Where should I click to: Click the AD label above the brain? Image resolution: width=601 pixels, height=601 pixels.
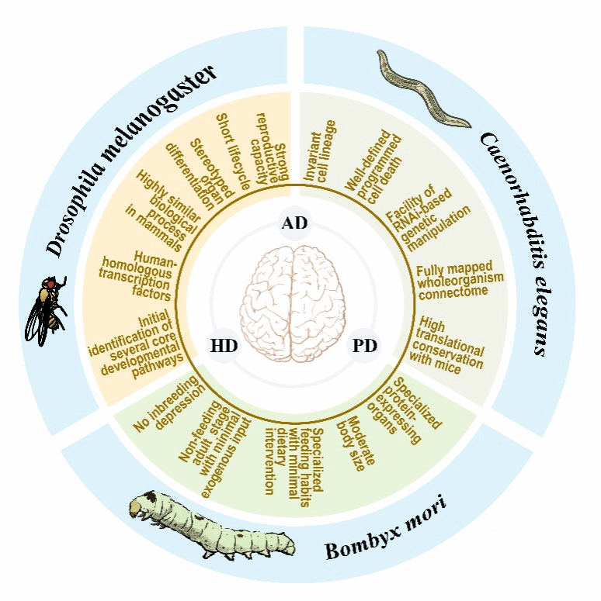point(294,223)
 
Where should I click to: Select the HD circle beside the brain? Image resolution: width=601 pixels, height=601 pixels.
point(224,346)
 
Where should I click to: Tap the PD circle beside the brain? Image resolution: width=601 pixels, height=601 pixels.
point(365,346)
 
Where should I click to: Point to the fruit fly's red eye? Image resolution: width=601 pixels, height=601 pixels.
point(50,284)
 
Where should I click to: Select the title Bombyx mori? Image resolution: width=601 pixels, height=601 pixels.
point(386,528)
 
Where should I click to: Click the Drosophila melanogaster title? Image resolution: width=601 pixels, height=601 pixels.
point(130,161)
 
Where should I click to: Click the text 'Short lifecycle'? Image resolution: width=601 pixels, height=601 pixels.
point(234,151)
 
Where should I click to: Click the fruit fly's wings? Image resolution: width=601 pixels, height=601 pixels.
point(34,322)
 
